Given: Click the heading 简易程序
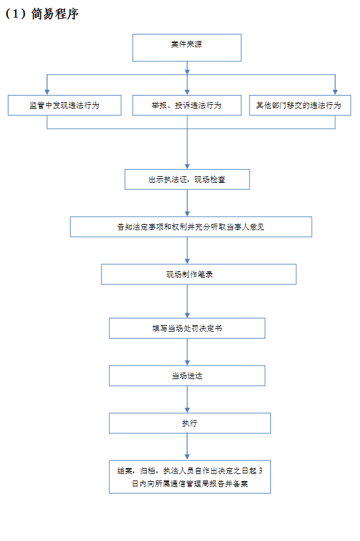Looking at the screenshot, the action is point(55,14).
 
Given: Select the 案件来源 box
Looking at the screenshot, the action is point(187,47).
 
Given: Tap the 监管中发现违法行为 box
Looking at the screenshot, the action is point(64,105).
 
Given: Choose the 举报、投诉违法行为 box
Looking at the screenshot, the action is point(187,105).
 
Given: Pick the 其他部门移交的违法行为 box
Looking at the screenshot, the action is point(300,105).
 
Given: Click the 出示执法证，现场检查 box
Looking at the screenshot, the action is point(187,179).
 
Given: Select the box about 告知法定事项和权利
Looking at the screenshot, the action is point(191,227).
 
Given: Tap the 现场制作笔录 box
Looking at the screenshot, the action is point(199,274).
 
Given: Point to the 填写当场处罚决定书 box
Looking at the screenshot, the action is point(187,328).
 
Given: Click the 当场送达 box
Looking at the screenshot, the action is point(187,376).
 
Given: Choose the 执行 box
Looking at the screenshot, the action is point(190,423).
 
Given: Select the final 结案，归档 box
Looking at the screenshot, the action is point(190,477).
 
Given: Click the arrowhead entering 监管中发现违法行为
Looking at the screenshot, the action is point(47,92).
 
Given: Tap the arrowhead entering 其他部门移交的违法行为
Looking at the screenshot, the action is point(335,92).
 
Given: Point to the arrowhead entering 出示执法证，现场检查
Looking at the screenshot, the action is point(187,166).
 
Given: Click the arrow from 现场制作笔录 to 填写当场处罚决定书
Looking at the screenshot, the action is point(187,301).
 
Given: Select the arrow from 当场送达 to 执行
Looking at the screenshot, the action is point(187,399).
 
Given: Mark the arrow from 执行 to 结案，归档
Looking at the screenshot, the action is point(187,447).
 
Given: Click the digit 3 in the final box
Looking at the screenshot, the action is point(261,471).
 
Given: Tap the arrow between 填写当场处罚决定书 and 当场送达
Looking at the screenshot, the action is point(187,352).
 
